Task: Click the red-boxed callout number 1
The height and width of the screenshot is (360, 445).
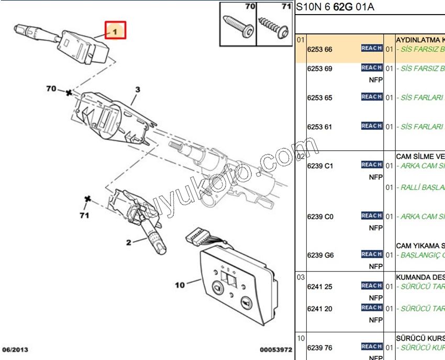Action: click(115, 31)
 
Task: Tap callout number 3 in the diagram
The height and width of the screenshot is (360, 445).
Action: click(138, 89)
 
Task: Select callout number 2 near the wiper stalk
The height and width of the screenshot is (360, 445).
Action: click(128, 242)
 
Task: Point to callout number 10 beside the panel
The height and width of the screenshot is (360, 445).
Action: click(180, 285)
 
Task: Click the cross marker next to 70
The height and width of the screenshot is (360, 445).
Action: click(69, 93)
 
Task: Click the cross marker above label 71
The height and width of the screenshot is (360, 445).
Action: click(88, 199)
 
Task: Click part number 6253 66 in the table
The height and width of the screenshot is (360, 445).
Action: click(319, 50)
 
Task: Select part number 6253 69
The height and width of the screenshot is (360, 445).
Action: click(319, 69)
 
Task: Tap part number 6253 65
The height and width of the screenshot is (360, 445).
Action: click(319, 98)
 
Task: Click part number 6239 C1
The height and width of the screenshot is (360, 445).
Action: click(319, 166)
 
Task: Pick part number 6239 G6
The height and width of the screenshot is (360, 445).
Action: click(320, 255)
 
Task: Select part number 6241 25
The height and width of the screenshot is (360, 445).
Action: click(319, 287)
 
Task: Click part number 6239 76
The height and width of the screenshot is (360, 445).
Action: click(319, 347)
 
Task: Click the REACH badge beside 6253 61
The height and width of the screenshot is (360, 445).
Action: click(371, 126)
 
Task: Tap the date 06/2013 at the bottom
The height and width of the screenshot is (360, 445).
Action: click(15, 349)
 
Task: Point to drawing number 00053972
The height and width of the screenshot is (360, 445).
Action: click(275, 349)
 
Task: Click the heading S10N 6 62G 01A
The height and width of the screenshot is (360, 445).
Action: click(335, 7)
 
